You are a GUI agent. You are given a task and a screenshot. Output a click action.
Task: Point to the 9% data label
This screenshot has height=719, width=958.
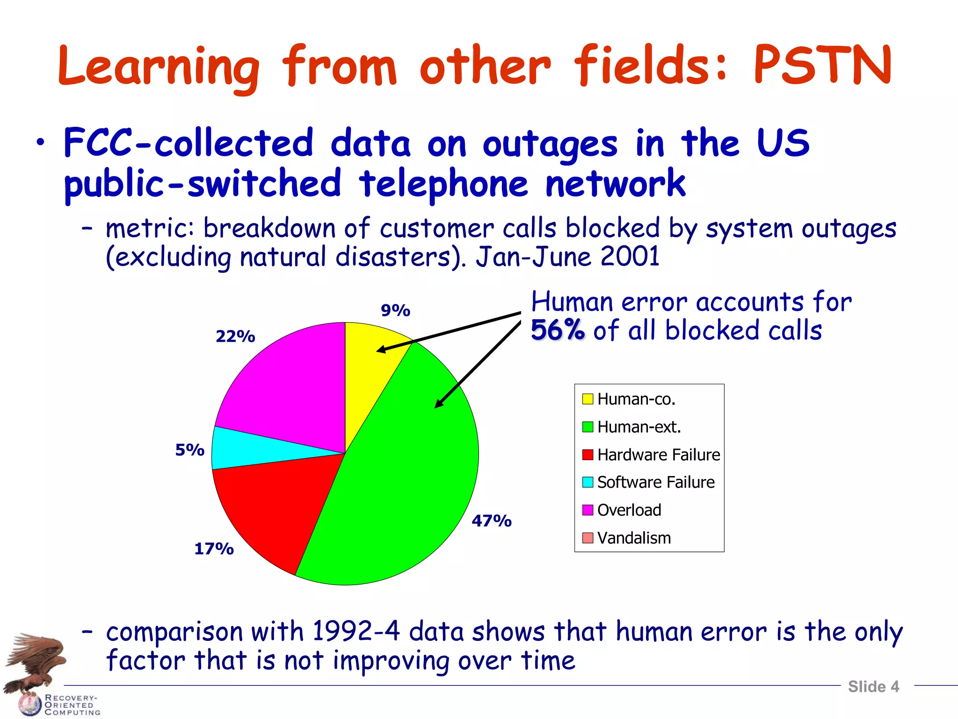tap(395, 310)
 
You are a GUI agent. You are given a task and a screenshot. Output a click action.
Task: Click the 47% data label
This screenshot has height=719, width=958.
tap(491, 521)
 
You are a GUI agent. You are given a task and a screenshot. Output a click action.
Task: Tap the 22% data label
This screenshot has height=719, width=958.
tap(235, 336)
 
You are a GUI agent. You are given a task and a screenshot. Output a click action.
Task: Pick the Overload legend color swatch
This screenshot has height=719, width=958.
tap(588, 510)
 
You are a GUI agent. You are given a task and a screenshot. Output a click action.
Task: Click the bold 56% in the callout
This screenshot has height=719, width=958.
tap(557, 330)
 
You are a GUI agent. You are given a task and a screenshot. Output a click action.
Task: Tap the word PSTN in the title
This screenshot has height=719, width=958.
tap(822, 66)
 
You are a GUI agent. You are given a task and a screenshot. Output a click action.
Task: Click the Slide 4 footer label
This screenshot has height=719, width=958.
tap(873, 687)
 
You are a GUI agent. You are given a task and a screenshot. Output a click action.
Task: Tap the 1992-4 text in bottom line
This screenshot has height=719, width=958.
tap(356, 631)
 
